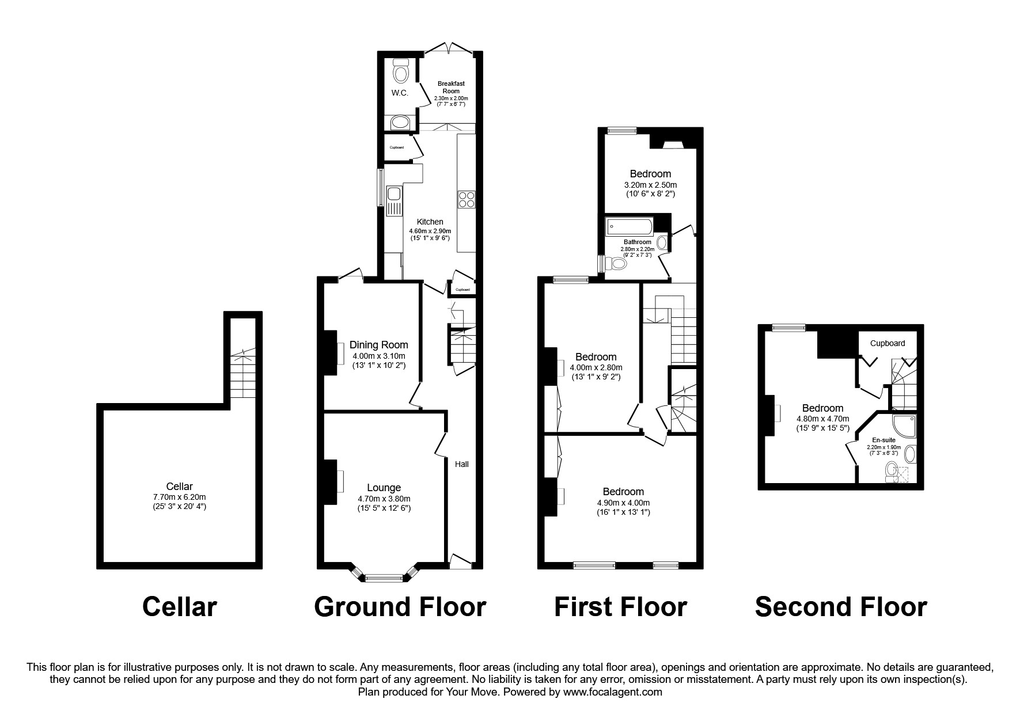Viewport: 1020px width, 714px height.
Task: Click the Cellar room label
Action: [x=179, y=487]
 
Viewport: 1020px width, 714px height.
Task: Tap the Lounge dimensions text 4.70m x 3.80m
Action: [x=384, y=499]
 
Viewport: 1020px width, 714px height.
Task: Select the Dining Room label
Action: [x=378, y=345]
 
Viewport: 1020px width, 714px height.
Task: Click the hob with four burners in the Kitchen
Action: [x=467, y=199]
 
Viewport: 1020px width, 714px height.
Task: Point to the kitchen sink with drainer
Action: [x=394, y=202]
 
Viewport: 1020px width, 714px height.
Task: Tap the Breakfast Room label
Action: [x=451, y=87]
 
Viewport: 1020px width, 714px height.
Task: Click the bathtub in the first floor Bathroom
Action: [x=629, y=226]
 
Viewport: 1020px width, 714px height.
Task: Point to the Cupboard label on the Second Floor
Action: [x=887, y=343]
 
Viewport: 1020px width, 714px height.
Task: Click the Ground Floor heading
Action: [x=400, y=607]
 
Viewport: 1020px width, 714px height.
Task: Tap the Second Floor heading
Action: [x=840, y=607]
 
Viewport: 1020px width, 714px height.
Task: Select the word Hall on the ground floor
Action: [x=462, y=464]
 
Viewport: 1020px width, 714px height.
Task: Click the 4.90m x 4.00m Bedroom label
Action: [x=623, y=492]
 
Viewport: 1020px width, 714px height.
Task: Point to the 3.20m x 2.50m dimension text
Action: [x=650, y=185]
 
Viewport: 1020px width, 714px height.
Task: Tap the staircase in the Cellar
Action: [x=242, y=374]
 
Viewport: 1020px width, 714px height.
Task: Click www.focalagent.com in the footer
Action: [x=613, y=692]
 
